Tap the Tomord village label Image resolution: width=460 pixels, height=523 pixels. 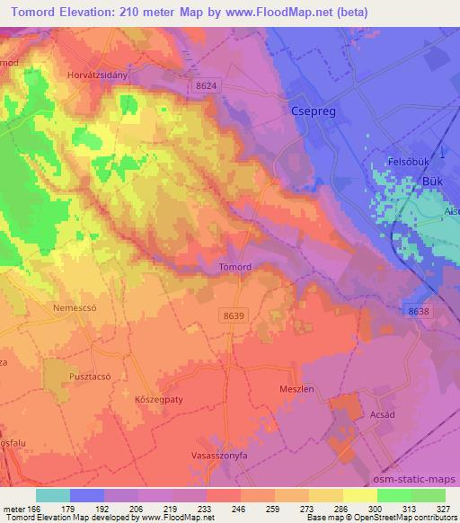point(235,267)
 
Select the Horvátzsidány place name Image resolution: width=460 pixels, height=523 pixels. point(100,75)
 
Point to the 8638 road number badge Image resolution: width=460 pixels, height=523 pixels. point(418,310)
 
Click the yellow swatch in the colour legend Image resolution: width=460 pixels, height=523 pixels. point(359,495)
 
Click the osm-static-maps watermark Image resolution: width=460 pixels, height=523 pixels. point(417,479)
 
